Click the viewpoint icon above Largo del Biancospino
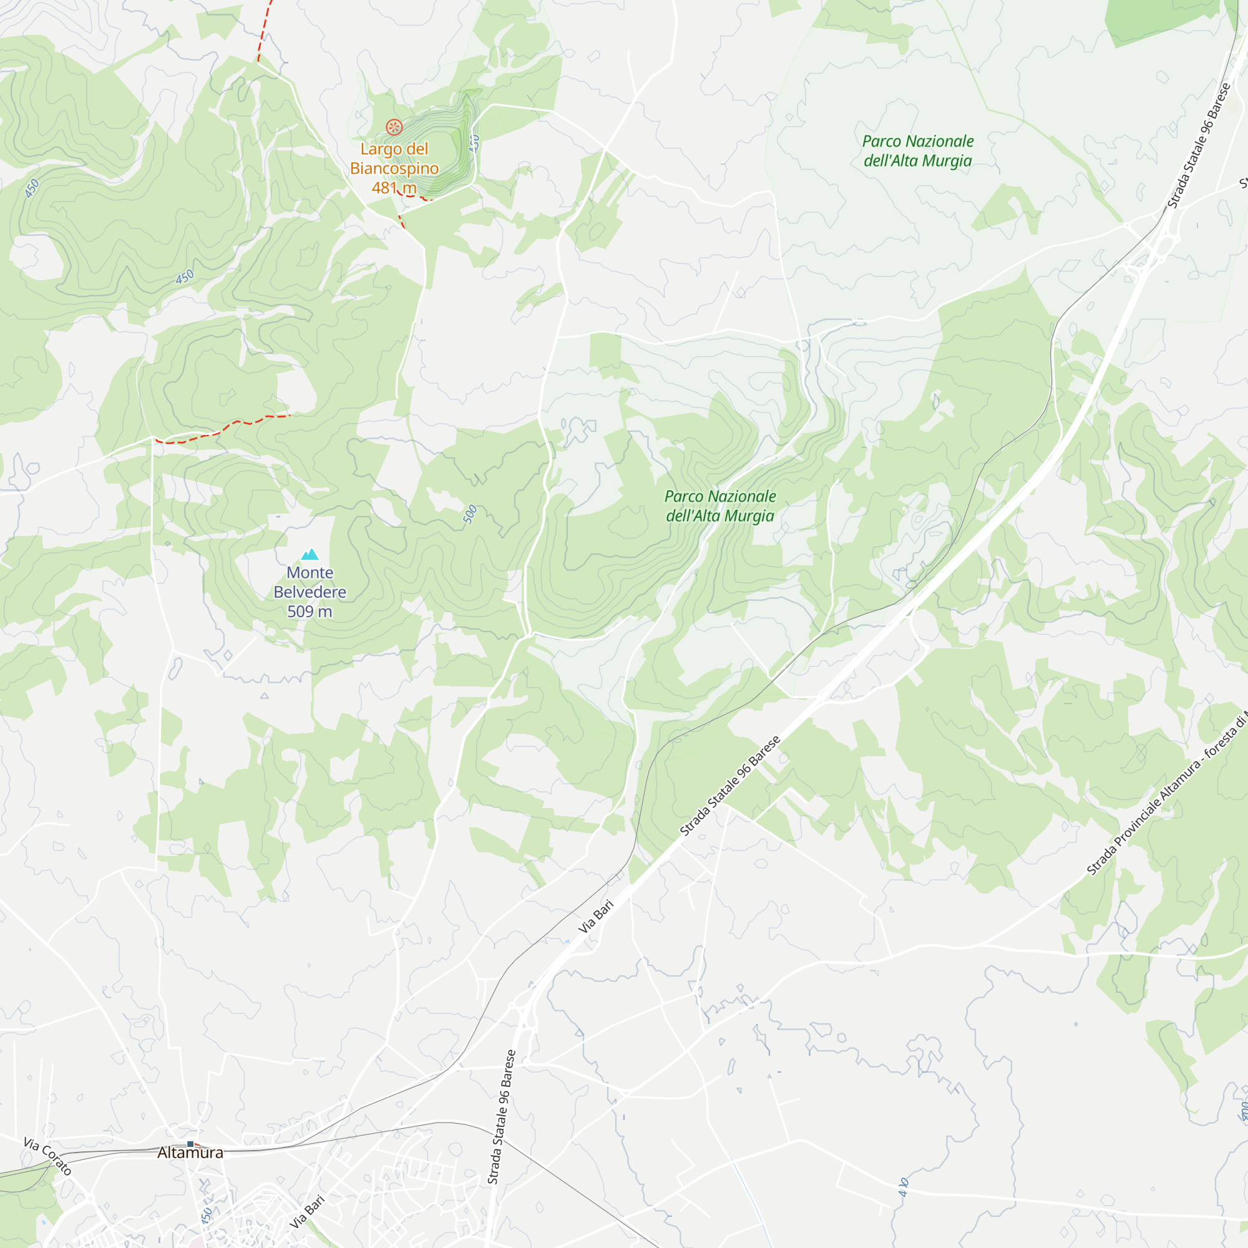pos(394,127)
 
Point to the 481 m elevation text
pos(394,188)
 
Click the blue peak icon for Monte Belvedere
pos(310,554)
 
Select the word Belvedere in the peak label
pos(310,592)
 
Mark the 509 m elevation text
pos(310,612)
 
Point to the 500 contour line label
pos(470,514)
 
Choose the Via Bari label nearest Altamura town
pos(308,1212)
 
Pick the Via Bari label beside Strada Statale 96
pos(595,917)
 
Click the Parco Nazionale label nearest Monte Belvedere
pos(720,506)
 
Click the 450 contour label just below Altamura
pos(207,1214)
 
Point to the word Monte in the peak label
pos(310,573)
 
